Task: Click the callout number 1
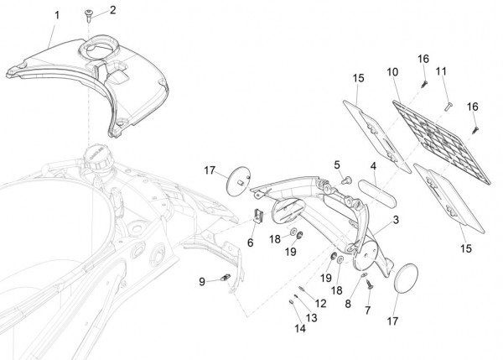[56, 15]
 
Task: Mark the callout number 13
[311, 318]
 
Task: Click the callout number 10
[392, 73]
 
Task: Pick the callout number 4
[374, 167]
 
